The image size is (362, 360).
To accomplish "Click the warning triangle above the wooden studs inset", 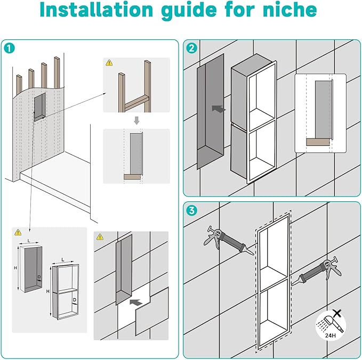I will pos(109,63).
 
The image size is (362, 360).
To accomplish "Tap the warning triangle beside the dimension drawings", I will pos(18,233).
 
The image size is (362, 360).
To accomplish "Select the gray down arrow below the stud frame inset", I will pos(136,120).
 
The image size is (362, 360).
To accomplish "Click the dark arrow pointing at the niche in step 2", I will pos(218,108).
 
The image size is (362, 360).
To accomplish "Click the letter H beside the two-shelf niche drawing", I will pos(50,292).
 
